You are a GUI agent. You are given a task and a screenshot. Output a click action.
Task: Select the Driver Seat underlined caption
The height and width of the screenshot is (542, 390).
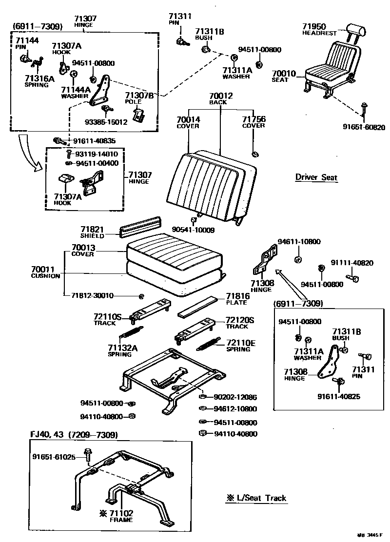(316, 177)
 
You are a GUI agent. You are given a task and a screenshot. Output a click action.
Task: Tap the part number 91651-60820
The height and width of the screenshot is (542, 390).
(364, 128)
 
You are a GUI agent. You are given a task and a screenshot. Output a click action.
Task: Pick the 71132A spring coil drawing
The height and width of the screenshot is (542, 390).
(130, 333)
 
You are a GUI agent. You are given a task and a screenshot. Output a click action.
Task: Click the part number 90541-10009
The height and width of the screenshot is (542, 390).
(193, 230)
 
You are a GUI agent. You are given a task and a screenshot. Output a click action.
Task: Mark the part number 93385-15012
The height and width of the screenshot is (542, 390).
(106, 122)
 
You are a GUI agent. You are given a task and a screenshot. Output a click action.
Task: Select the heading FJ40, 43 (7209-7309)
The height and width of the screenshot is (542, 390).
(74, 434)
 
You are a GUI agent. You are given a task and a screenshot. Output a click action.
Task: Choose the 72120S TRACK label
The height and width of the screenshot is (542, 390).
(240, 323)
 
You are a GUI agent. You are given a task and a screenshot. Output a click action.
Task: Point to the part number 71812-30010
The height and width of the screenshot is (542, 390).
(92, 295)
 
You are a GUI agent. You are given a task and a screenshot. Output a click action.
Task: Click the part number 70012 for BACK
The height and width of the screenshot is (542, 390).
(221, 96)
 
